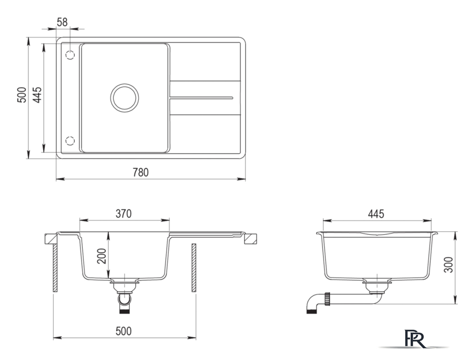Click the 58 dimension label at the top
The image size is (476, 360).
point(62,22)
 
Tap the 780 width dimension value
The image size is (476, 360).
point(141,172)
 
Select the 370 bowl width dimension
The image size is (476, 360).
point(124,214)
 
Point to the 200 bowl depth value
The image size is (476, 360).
point(103,256)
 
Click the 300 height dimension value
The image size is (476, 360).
point(448,265)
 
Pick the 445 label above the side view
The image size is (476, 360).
point(376,214)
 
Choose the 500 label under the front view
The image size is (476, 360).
point(124,331)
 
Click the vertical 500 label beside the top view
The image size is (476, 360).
point(22,95)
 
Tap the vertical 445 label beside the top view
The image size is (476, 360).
point(37,95)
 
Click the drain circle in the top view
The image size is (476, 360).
point(125,84)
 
